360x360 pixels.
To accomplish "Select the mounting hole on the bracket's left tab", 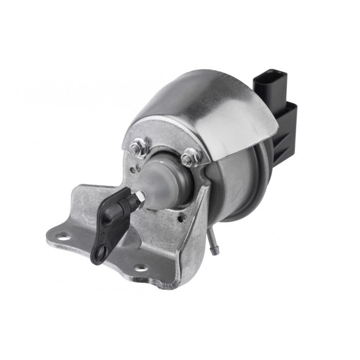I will click(x=63, y=237).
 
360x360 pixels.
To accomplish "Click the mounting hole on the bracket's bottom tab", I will click(x=139, y=268).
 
